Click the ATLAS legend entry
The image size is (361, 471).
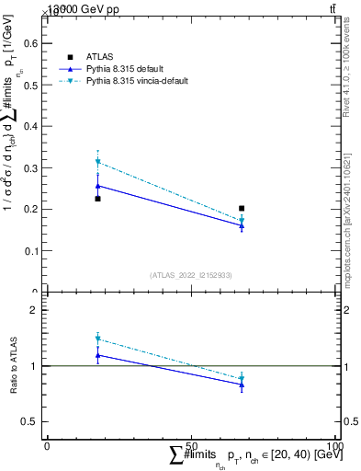click(x=99, y=57)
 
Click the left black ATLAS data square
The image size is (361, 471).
click(x=98, y=199)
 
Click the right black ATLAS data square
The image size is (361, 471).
click(x=242, y=209)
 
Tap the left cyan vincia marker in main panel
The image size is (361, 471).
click(x=98, y=162)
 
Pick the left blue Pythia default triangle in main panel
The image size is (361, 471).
click(x=98, y=186)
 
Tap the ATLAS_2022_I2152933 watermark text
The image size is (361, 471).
click(x=191, y=275)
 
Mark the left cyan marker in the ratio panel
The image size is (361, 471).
click(x=98, y=339)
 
